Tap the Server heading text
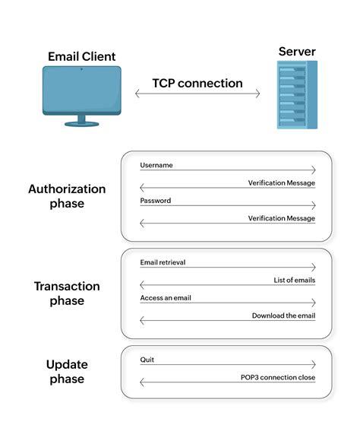coord(297,52)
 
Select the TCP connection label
coord(197,83)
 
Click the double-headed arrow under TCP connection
coord(197,94)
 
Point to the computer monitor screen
coord(81,88)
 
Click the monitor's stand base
coord(81,123)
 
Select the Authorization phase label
coord(67,196)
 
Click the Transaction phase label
coord(67,293)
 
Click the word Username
coord(156,165)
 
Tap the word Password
coord(156,201)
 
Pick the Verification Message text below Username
coord(281,183)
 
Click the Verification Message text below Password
coord(281,218)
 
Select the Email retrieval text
coord(163,262)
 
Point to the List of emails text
coord(294,281)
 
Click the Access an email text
coord(166,298)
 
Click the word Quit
coord(147,360)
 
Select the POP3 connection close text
coord(277,378)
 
